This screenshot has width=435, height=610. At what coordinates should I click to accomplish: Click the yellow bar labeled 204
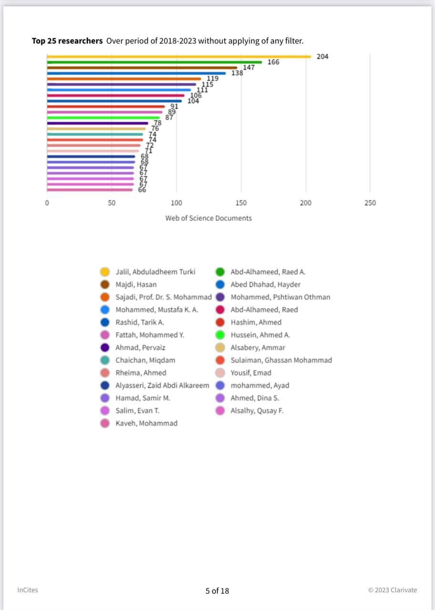(x=179, y=57)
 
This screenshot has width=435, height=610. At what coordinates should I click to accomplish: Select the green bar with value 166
(x=154, y=62)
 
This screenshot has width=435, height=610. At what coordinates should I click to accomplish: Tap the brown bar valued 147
(x=142, y=68)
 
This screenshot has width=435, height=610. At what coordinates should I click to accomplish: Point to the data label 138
(x=237, y=73)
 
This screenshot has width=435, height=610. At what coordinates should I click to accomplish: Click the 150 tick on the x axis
(x=241, y=203)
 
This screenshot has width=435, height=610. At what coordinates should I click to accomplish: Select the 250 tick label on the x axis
(x=370, y=203)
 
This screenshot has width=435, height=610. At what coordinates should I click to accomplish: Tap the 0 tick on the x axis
(x=47, y=203)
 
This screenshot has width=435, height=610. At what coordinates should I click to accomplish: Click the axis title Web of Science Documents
(x=208, y=218)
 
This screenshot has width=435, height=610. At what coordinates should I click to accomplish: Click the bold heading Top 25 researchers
(x=67, y=41)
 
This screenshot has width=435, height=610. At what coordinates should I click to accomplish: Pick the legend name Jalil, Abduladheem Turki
(x=155, y=272)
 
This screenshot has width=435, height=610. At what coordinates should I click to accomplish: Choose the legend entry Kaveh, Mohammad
(x=146, y=423)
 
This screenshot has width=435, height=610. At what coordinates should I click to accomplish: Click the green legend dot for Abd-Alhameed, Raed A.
(x=220, y=272)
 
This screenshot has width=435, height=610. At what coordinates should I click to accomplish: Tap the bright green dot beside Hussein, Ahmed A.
(x=220, y=335)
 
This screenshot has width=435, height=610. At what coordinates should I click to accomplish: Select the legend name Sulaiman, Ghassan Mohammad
(x=281, y=360)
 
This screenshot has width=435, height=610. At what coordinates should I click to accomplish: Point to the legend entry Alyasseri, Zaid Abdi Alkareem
(x=162, y=386)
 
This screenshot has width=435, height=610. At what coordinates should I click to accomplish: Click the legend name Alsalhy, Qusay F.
(x=257, y=411)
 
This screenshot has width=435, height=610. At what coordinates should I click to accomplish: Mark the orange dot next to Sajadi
(x=105, y=297)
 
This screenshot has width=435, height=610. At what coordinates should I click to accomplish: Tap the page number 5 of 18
(x=217, y=591)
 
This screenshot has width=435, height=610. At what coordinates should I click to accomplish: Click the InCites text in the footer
(x=28, y=590)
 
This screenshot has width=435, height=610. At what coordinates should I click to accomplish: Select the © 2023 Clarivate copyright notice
(x=392, y=590)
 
